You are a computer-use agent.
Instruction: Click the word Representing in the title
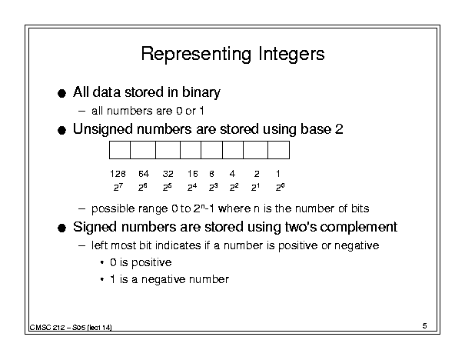coord(196,55)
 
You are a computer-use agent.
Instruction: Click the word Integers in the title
coord(291,55)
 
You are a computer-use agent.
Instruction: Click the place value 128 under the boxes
coord(118,174)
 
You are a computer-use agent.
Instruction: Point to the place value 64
coord(144,174)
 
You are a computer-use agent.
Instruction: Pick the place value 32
coord(168,174)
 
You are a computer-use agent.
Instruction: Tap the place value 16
coord(192,174)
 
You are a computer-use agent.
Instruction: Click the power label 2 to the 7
coord(118,187)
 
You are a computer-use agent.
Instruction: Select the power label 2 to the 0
coord(281,187)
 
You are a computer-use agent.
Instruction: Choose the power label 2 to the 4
coord(192,187)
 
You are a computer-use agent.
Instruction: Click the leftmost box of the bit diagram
coord(120,150)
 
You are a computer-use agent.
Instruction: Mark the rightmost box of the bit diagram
coord(278,150)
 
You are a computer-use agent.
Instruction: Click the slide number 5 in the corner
coord(425,326)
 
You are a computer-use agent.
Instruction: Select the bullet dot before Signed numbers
coord(61,228)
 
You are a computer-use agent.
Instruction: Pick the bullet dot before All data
coord(61,94)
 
